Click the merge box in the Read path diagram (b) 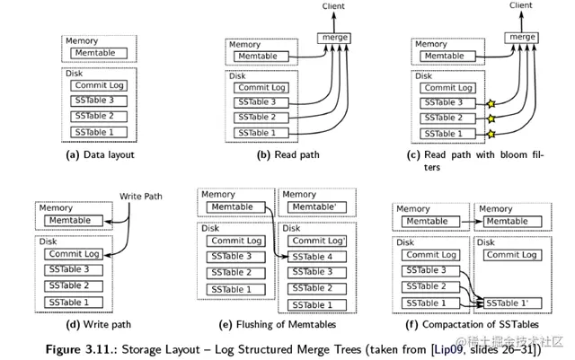point(334,38)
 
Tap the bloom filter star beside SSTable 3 point(491,104)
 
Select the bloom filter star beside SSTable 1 point(491,134)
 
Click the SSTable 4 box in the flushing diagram point(317,257)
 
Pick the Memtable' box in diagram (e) point(317,207)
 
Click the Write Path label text point(141,197)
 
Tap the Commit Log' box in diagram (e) point(317,241)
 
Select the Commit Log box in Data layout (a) point(99,85)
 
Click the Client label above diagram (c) point(521,5)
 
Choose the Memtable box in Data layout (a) point(99,53)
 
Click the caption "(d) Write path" point(98,324)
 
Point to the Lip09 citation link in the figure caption point(448,349)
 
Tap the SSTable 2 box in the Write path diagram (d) point(74,286)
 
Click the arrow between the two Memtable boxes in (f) point(472,222)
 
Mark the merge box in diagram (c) point(521,38)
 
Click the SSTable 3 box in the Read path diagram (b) point(261,102)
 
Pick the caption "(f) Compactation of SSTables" point(472,324)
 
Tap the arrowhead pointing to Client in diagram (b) point(334,15)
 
